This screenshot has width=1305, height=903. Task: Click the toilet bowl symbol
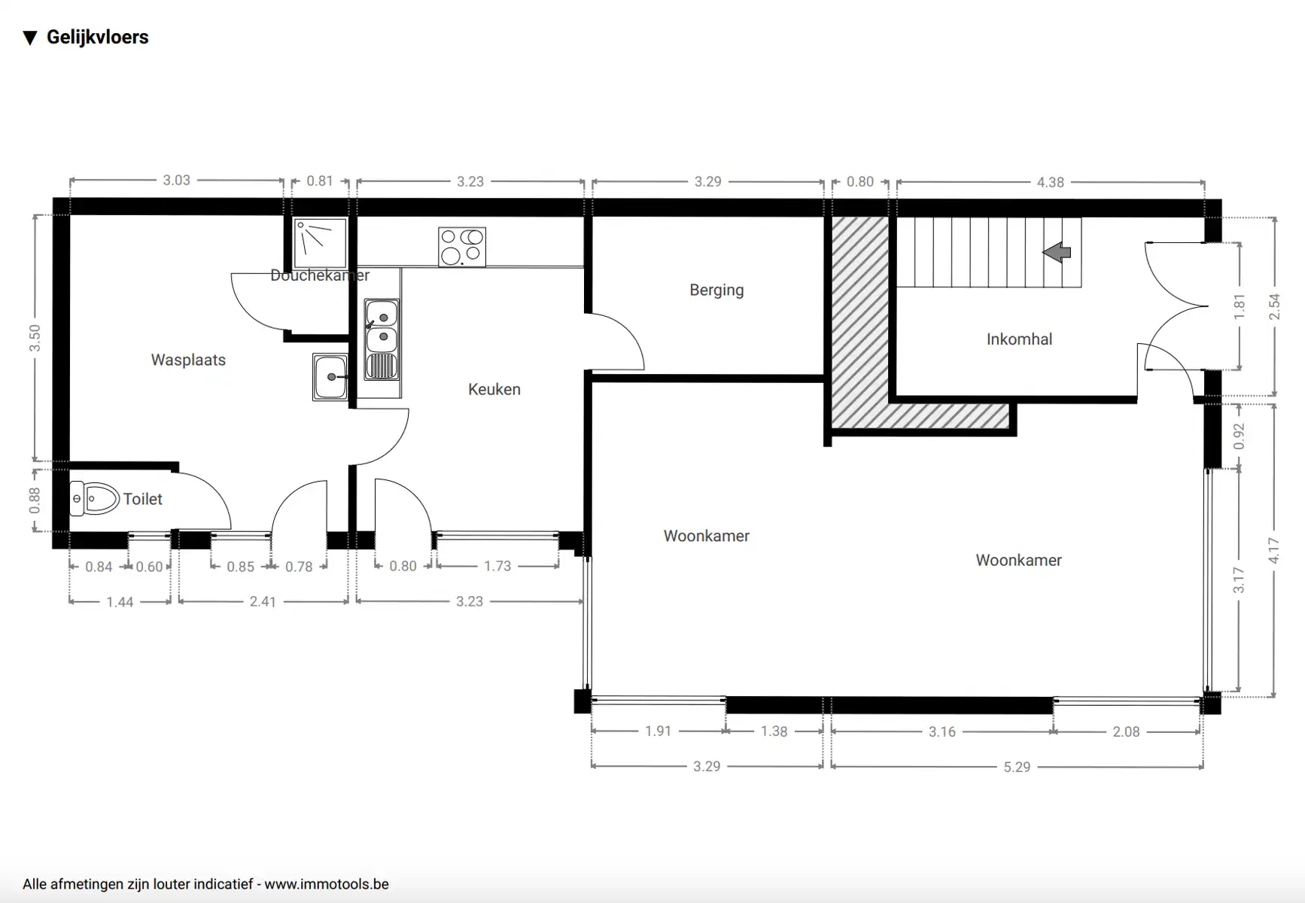(x=95, y=499)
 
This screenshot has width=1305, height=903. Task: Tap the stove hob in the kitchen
(x=462, y=247)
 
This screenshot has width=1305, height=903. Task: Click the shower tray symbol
(x=320, y=243)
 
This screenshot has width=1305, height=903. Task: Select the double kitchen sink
(x=382, y=339)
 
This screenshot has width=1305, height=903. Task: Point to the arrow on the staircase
(x=1057, y=252)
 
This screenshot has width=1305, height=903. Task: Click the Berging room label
(x=716, y=290)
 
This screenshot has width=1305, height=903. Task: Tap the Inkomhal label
(x=1019, y=339)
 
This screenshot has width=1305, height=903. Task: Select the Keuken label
(x=494, y=389)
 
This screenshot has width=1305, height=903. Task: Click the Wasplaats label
(x=188, y=360)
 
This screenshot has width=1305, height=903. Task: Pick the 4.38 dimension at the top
(x=1051, y=182)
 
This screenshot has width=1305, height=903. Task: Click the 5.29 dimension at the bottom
(x=1017, y=767)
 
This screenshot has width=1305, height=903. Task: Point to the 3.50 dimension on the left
(x=35, y=339)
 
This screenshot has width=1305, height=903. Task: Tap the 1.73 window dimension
(x=497, y=566)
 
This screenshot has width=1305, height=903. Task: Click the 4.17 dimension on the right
(x=1273, y=550)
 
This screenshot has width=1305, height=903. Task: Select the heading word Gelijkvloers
(x=98, y=37)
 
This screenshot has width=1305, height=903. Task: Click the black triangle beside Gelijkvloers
(x=30, y=38)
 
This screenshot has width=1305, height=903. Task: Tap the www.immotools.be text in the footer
(x=327, y=884)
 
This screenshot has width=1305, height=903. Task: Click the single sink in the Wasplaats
(x=330, y=377)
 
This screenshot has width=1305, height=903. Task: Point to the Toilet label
(x=143, y=499)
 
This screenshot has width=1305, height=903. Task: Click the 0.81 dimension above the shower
(x=320, y=181)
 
